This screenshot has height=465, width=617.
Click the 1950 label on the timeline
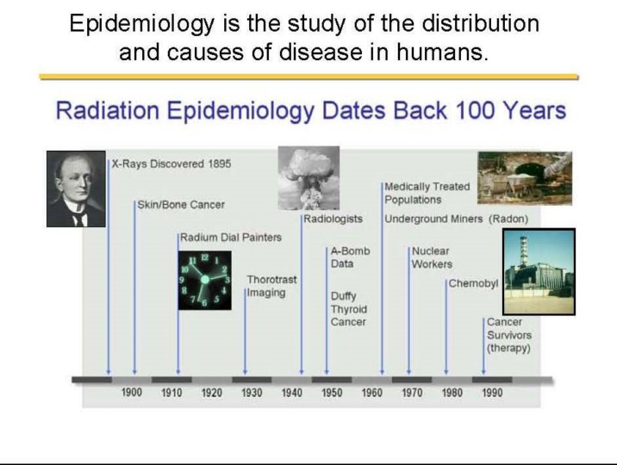332,393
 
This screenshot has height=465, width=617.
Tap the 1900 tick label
132,393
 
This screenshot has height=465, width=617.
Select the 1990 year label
492,393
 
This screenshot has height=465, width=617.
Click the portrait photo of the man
76,189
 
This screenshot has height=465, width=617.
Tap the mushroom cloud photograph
308,177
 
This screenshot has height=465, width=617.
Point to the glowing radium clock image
204,280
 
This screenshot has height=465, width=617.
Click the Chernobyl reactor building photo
539,271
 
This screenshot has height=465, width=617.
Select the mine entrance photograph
525,178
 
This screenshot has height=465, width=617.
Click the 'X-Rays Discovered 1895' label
171,164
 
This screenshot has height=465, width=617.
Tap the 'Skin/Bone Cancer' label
181,205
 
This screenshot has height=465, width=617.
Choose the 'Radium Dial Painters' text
231,238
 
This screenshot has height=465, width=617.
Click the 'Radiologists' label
333,219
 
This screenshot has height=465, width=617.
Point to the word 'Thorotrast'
272,280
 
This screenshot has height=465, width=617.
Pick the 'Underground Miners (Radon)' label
457,219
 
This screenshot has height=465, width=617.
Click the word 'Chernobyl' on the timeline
473,283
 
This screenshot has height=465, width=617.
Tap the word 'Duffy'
344,296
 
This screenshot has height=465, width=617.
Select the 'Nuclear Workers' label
432,257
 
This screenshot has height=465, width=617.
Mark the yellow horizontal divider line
308,77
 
